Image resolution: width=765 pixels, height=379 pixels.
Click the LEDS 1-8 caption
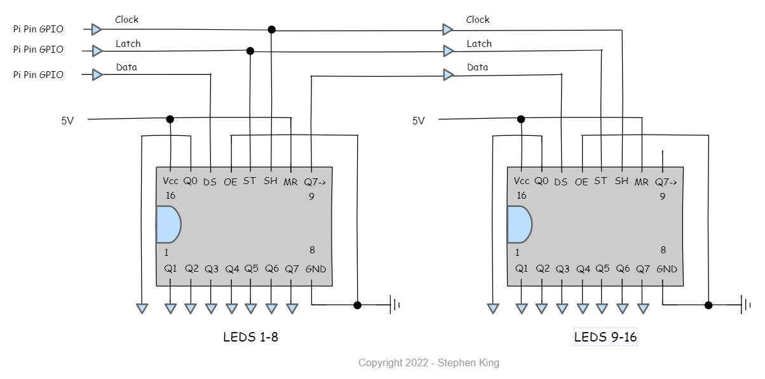(251, 337)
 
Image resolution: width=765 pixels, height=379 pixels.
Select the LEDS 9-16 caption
(606, 337)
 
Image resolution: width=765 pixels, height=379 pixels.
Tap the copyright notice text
(429, 362)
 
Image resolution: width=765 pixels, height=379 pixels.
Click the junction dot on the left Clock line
(271, 30)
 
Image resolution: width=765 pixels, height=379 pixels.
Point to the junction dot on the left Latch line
(250, 51)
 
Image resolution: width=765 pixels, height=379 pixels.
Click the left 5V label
(67, 121)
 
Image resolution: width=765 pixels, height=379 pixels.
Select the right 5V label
(418, 121)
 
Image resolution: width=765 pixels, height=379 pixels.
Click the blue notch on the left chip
(168, 225)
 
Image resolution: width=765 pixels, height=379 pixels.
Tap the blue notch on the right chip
(520, 225)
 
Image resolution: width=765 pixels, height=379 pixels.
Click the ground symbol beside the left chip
(395, 305)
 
